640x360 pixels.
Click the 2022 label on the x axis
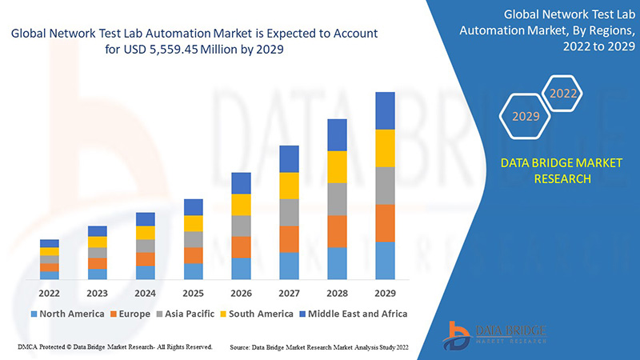click(50, 293)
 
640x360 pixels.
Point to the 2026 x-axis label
click(241, 293)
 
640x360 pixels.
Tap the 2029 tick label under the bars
click(385, 293)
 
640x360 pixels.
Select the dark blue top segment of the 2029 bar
click(385, 110)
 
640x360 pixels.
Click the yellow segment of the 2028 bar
click(337, 166)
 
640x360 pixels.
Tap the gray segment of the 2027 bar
click(289, 212)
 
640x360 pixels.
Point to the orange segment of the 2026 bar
click(241, 246)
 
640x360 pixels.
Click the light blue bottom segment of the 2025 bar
click(193, 271)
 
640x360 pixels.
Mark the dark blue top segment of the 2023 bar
click(98, 231)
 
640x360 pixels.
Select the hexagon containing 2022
click(562, 94)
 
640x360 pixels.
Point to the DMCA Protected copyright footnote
click(114, 347)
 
